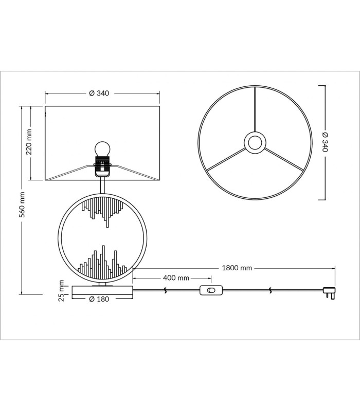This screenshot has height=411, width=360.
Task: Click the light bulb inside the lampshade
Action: pos(102,148)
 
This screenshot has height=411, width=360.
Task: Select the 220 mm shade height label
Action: pos(29,142)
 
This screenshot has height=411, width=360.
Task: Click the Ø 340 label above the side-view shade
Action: pos(99,93)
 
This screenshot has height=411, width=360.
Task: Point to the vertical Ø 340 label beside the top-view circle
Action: pos(325,142)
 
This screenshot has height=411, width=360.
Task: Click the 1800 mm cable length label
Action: pos(237,268)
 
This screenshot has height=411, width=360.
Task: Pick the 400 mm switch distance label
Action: pos(176,277)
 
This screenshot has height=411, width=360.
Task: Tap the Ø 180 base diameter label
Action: pos(99,299)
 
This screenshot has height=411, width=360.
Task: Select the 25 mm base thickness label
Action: pos(61,290)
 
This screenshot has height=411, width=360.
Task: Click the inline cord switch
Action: pos(211,290)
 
